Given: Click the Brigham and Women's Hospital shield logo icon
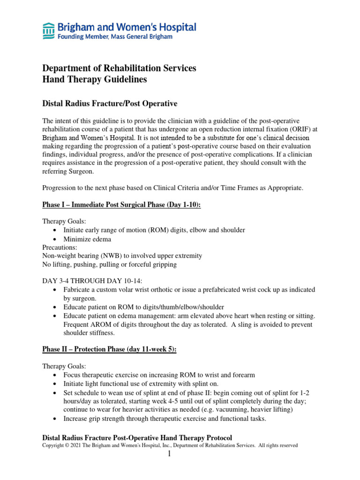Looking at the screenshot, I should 48,31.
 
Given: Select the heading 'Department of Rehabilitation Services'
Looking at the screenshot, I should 119,68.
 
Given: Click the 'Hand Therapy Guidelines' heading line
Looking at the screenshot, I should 94,80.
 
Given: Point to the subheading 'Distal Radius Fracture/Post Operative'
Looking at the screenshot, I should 110,103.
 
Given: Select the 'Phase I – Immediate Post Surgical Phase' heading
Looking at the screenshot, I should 121,205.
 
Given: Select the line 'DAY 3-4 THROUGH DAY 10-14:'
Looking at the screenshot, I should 88,281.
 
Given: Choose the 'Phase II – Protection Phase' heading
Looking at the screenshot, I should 109,350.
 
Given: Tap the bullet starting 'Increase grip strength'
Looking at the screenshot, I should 165,419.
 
